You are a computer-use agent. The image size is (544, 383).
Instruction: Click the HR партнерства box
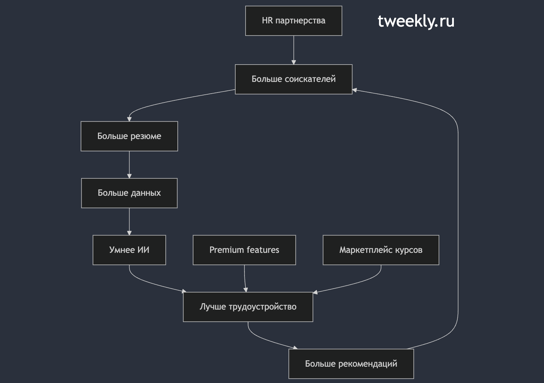click(293, 21)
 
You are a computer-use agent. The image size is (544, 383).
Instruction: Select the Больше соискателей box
click(293, 79)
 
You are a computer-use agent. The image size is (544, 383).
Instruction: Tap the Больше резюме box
click(129, 136)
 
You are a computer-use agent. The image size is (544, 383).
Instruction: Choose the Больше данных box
click(129, 193)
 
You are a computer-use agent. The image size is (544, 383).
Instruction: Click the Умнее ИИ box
click(129, 250)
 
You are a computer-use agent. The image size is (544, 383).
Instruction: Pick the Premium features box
click(244, 250)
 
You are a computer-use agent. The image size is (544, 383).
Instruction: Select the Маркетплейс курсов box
click(381, 250)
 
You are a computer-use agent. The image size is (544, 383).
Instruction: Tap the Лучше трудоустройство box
click(248, 307)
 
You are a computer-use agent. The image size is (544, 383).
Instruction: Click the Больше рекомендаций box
click(351, 364)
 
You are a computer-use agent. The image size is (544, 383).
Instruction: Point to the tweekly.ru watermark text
click(416, 21)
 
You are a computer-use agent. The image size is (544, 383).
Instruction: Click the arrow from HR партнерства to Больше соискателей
click(293, 50)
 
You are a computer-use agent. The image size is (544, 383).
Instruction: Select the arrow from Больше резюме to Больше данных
click(129, 165)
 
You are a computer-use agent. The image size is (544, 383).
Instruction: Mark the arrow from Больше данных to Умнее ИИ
click(129, 222)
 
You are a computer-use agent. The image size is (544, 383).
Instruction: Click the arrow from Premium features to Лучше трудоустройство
click(245, 279)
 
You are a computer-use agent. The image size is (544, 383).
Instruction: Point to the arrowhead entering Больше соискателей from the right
click(355, 90)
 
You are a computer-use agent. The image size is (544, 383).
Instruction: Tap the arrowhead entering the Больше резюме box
click(129, 119)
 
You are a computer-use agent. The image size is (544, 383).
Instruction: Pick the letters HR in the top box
click(267, 20)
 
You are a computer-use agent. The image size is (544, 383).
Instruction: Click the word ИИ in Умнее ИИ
click(143, 250)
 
